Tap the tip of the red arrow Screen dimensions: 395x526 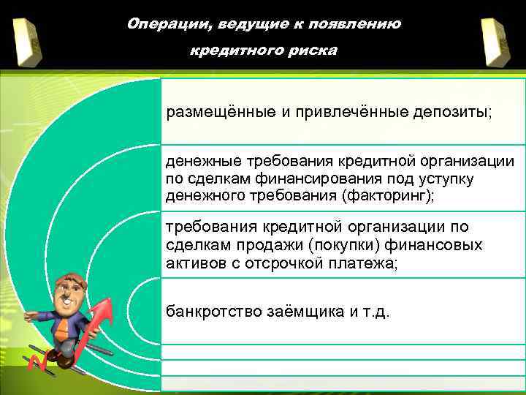point(110,301)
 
